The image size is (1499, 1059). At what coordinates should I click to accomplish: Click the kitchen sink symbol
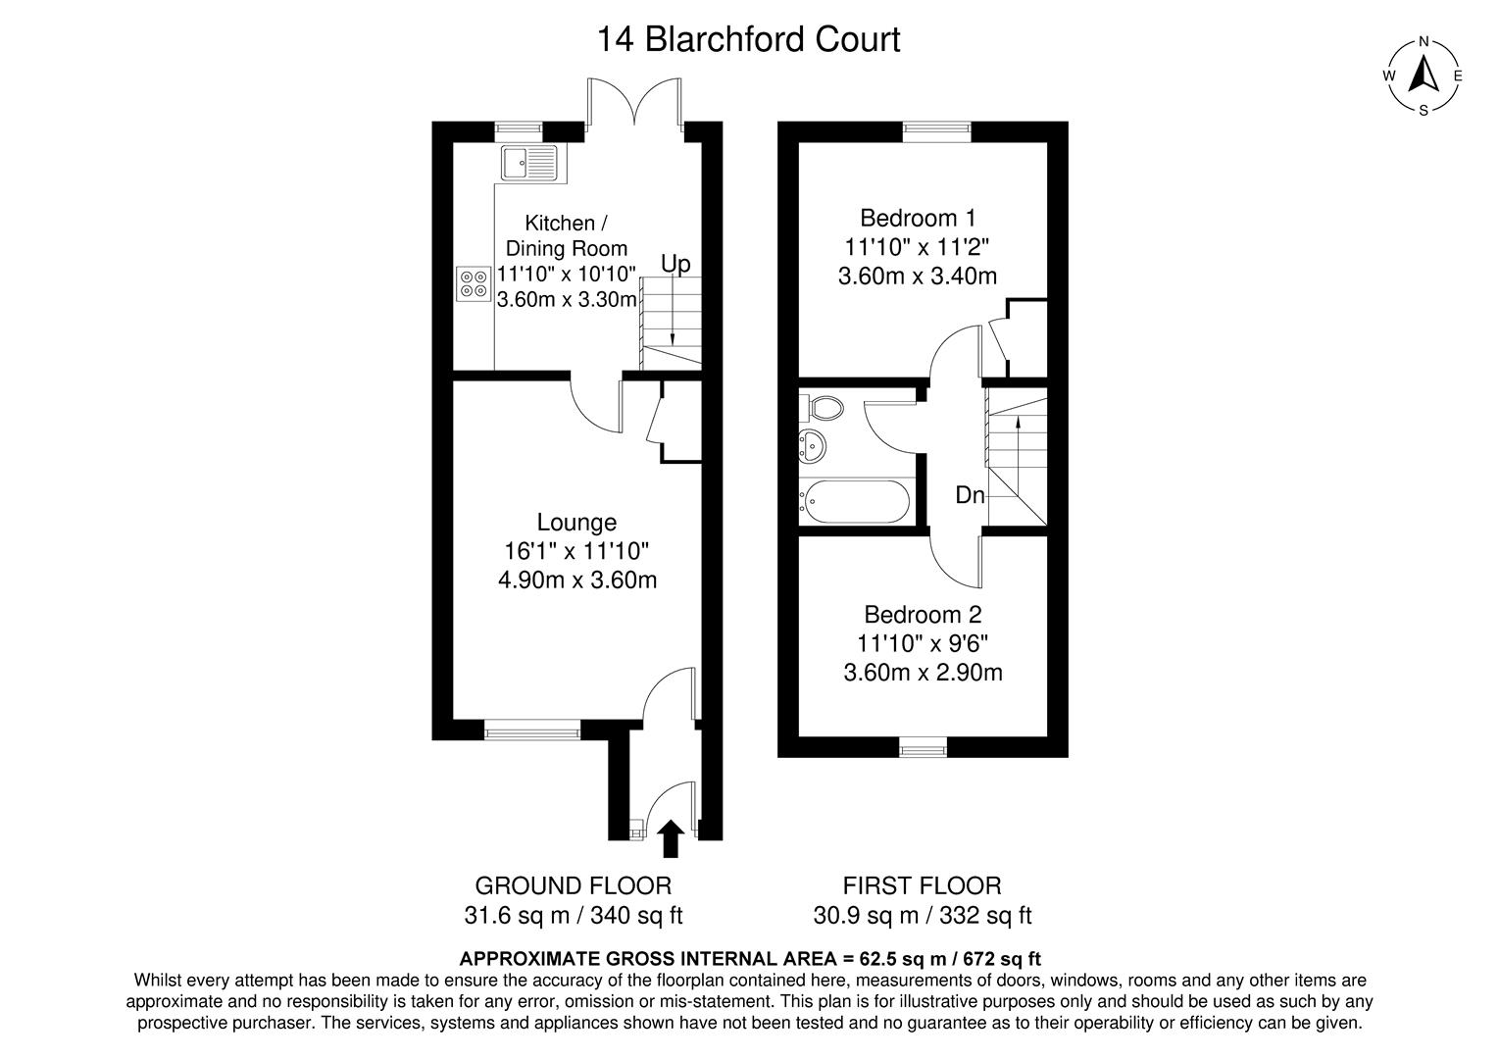point(528,163)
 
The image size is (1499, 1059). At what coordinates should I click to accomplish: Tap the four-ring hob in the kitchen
point(474,284)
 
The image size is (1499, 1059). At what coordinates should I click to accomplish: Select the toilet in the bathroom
point(823,407)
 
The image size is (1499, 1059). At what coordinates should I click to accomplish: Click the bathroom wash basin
point(813,446)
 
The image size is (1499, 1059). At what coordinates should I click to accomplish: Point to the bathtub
point(854,500)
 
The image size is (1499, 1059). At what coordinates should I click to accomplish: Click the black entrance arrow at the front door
point(671,838)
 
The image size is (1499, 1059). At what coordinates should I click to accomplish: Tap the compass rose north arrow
point(1424,75)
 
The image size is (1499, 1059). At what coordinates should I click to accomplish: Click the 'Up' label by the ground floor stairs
point(675,264)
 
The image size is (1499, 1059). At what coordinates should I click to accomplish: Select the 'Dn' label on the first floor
point(970,496)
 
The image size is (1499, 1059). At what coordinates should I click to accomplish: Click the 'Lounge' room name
point(576,523)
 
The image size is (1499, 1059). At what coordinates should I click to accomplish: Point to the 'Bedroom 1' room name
point(918,218)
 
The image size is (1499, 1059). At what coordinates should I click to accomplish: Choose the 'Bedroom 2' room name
point(923,615)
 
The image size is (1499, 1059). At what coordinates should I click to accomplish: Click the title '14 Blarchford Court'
point(749,40)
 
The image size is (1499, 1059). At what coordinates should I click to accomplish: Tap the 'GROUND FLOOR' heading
point(574,885)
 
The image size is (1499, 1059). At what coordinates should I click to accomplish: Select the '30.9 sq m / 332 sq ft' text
point(923,916)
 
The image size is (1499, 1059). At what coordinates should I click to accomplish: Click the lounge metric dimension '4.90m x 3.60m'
point(577,580)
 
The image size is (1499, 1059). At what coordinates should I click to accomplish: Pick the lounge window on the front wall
point(532,731)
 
